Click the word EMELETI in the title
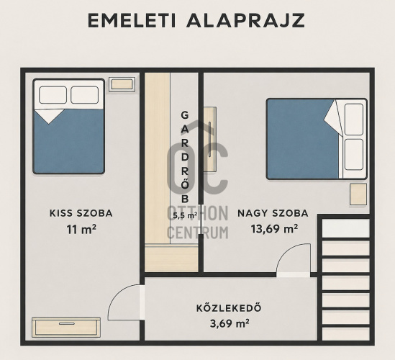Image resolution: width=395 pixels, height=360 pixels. pyautogui.click(x=132, y=20)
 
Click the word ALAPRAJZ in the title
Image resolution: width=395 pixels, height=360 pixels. pyautogui.click(x=245, y=20)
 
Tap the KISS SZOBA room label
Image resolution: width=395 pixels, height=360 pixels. pyautogui.click(x=81, y=213)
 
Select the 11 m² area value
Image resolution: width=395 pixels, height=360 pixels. pyautogui.click(x=81, y=229)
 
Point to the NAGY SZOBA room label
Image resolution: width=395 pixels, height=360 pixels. pyautogui.click(x=273, y=213)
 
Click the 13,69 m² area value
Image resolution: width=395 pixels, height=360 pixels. pyautogui.click(x=274, y=229)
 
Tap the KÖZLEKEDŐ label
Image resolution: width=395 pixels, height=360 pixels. pyautogui.click(x=229, y=308)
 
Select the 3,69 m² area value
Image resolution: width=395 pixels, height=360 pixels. pyautogui.click(x=230, y=323)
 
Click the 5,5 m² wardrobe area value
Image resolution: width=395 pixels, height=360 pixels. pyautogui.click(x=185, y=215)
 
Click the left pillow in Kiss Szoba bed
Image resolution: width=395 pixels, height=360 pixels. pyautogui.click(x=53, y=95)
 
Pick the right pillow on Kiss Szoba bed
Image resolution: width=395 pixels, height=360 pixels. pyautogui.click(x=85, y=95)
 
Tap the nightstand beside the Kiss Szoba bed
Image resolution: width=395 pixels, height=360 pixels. pyautogui.click(x=122, y=84)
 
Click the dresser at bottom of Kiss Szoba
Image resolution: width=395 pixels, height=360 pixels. pyautogui.click(x=66, y=327)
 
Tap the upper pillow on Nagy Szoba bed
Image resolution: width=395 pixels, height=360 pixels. pyautogui.click(x=354, y=120)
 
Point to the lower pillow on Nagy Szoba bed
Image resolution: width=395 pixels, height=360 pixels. pyautogui.click(x=354, y=154)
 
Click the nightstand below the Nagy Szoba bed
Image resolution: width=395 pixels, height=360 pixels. pyautogui.click(x=358, y=194)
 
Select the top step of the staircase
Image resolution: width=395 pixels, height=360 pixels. pyautogui.click(x=346, y=228)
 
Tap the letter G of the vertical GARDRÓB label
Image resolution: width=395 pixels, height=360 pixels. pyautogui.click(x=185, y=115)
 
